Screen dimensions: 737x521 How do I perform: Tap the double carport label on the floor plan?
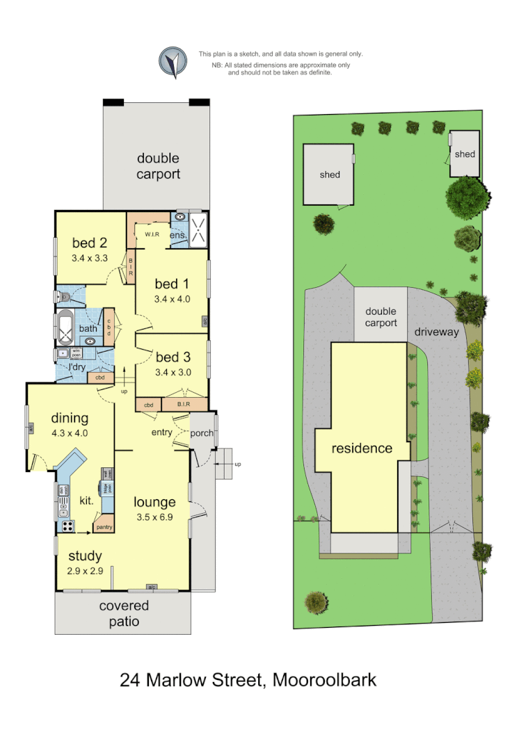(x=158, y=167)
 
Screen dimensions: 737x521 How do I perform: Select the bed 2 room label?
(x=90, y=243)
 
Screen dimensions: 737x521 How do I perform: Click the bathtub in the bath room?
(x=65, y=329)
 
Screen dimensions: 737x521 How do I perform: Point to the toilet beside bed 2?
(x=63, y=296)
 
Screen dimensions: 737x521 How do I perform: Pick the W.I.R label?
(x=152, y=234)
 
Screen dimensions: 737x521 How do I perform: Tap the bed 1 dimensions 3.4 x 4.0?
(x=172, y=299)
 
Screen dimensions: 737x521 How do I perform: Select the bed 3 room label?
(x=173, y=357)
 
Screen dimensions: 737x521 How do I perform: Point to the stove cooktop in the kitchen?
(x=67, y=526)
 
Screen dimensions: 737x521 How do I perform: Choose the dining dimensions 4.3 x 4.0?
(x=70, y=432)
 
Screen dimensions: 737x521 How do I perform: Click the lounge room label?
(x=154, y=502)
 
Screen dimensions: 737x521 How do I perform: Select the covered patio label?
(x=124, y=613)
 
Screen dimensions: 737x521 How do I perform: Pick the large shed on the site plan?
(x=329, y=175)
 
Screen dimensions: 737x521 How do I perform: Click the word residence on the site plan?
(x=362, y=448)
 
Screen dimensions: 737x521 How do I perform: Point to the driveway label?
(x=437, y=332)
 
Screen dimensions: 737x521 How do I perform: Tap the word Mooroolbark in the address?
(x=324, y=679)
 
